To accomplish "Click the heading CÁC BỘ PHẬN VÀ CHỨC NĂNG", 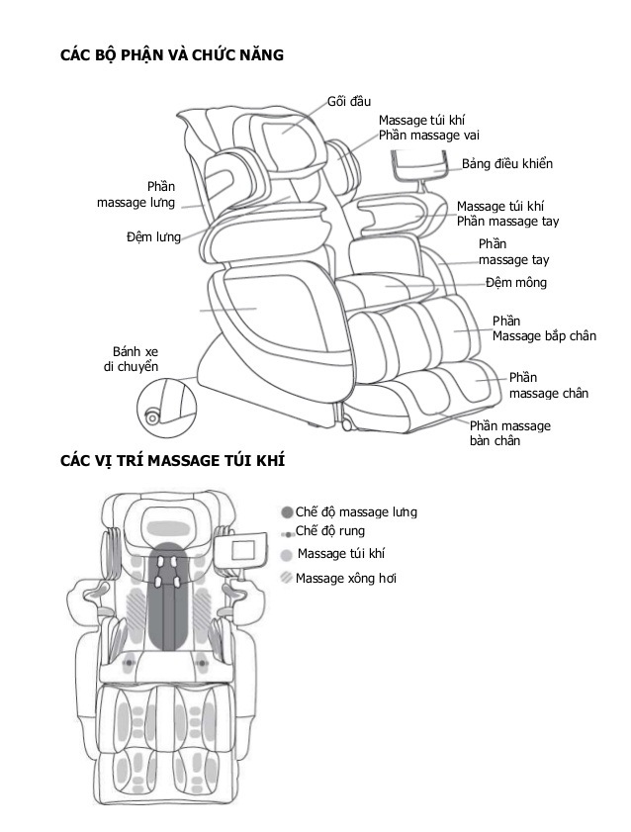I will click(172, 55).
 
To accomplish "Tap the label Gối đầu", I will click(348, 101).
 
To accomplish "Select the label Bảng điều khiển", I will click(507, 163).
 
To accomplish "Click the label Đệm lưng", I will click(153, 236).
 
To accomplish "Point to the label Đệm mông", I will click(515, 283).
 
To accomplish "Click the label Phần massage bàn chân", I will click(509, 433).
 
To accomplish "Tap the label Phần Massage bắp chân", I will click(544, 328).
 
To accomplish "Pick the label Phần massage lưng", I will click(136, 195).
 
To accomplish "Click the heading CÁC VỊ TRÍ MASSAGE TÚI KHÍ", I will click(173, 462).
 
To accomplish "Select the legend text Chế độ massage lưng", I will click(356, 512).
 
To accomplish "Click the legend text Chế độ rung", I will click(330, 531).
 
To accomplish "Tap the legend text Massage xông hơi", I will click(346, 578).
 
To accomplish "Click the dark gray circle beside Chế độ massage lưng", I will click(287, 512).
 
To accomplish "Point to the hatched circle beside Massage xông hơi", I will click(286, 578).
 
